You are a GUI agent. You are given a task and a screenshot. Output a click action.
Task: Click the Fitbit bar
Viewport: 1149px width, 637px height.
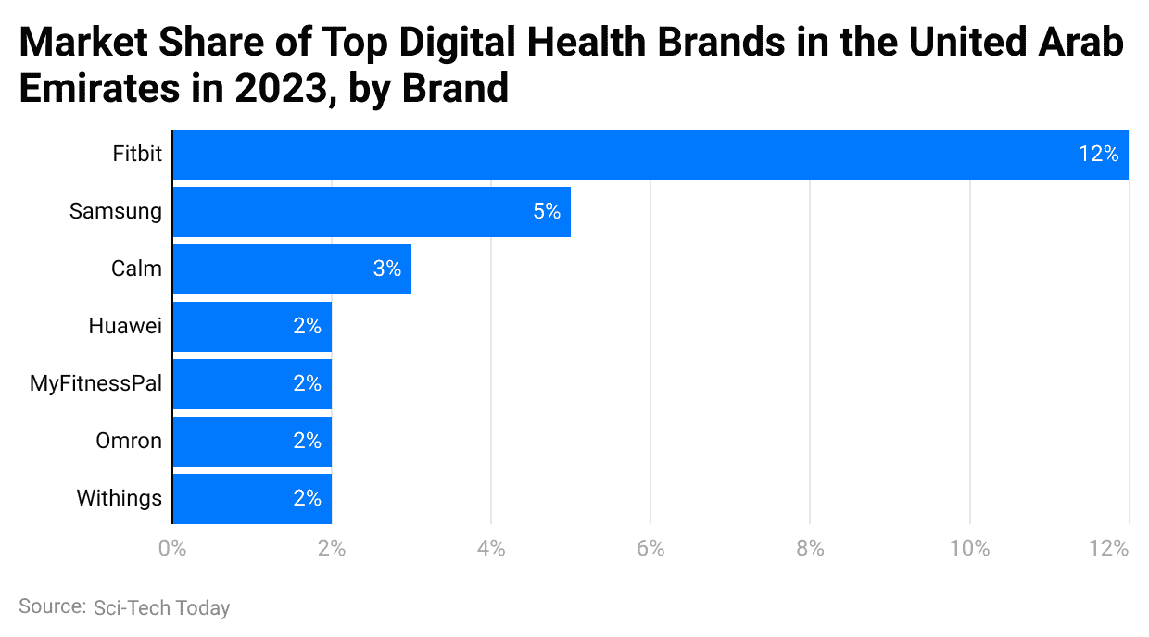pyautogui.click(x=649, y=155)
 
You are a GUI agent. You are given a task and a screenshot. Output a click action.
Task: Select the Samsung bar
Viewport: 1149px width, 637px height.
pyautogui.click(x=371, y=212)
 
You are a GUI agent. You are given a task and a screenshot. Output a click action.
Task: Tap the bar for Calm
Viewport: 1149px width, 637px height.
pyautogui.click(x=291, y=269)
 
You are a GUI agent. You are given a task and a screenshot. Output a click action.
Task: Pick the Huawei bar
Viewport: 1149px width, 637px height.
pyautogui.click(x=251, y=327)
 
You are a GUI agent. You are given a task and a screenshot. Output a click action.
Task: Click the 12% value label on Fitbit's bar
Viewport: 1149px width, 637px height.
pyautogui.click(x=1098, y=155)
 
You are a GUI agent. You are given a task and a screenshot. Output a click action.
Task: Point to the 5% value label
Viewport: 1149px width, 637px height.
pyautogui.click(x=546, y=212)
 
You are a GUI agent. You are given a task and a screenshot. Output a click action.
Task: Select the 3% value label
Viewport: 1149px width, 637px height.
pyautogui.click(x=386, y=269)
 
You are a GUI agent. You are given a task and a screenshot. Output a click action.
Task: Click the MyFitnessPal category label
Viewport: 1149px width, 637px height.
pyautogui.click(x=96, y=383)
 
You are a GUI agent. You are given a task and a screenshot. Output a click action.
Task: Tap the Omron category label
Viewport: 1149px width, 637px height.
pyautogui.click(x=129, y=441)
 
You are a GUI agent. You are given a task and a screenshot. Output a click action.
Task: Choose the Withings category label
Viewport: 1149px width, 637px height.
pyautogui.click(x=119, y=498)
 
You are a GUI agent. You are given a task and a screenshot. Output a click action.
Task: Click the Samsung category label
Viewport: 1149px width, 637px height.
pyautogui.click(x=116, y=212)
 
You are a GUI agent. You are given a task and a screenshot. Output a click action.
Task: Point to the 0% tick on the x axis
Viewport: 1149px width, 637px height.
pyautogui.click(x=172, y=548)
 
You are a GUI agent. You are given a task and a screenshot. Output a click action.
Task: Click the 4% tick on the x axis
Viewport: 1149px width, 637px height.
pyautogui.click(x=491, y=548)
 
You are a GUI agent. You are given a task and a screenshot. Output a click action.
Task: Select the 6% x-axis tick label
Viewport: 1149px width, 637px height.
pyautogui.click(x=650, y=548)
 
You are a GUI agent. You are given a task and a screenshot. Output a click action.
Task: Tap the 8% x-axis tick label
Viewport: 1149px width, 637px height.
pyautogui.click(x=810, y=548)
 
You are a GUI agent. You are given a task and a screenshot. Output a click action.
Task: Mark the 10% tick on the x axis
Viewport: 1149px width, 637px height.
pyautogui.click(x=969, y=548)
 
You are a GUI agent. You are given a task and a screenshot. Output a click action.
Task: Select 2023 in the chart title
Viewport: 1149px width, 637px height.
pyautogui.click(x=277, y=88)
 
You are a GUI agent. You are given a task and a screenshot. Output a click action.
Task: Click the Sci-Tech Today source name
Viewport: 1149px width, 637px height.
pyautogui.click(x=161, y=608)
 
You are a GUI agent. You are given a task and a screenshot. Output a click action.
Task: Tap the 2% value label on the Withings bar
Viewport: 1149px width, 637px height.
pyautogui.click(x=307, y=498)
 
